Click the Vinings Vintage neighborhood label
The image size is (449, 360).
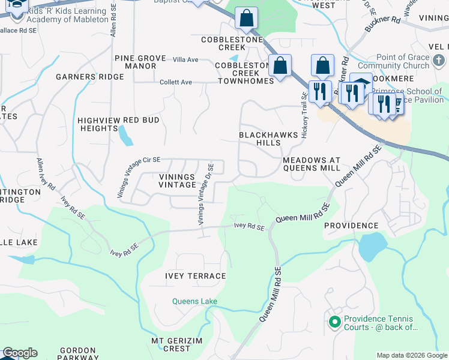click(177, 181)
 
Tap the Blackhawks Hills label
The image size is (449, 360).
click(268, 139)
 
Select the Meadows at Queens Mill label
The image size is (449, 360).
click(311, 165)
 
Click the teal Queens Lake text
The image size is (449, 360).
click(194, 301)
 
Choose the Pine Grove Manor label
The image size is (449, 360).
click(140, 62)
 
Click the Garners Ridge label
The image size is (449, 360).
click(89, 77)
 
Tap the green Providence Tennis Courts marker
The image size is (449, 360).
click(335, 322)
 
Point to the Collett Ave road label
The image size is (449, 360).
click(175, 82)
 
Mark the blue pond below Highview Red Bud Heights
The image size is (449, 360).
click(126, 136)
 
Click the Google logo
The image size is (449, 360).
click(20, 353)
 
